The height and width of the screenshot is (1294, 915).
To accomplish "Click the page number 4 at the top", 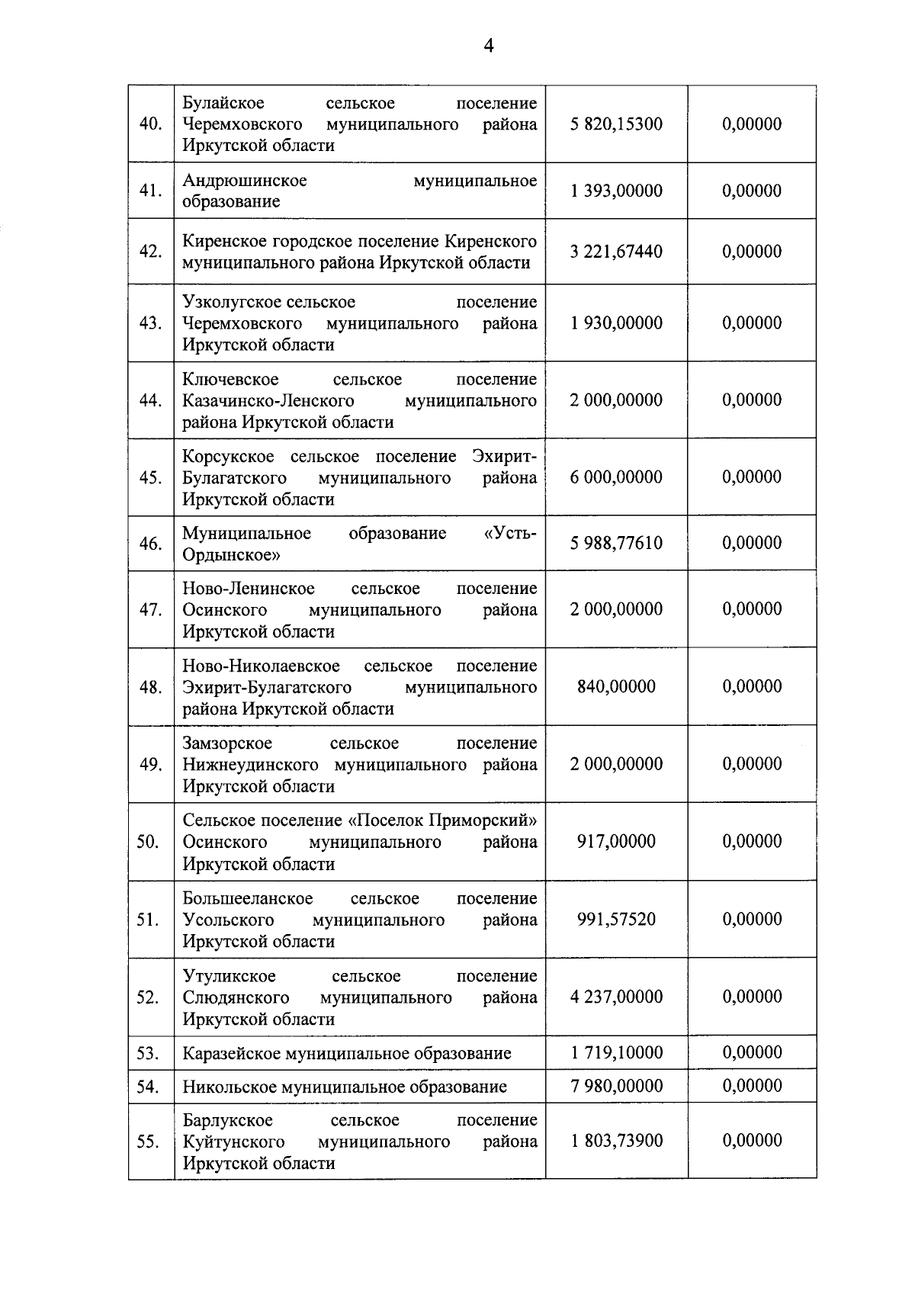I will (x=488, y=47).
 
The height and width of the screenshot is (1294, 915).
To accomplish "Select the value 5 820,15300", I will (x=616, y=124).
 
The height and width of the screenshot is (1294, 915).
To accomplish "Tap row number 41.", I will (x=150, y=191).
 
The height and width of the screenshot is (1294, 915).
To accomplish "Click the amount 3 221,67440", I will (x=616, y=252).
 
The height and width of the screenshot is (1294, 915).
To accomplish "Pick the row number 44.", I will (x=150, y=400).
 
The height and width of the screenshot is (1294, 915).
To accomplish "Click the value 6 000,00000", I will (x=616, y=477).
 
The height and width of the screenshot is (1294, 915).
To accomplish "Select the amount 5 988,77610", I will (x=616, y=544).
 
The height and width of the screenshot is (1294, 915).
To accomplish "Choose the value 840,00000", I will (x=616, y=687).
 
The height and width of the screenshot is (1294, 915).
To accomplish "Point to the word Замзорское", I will (x=226, y=743).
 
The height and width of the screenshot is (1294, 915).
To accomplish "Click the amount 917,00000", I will (x=616, y=842).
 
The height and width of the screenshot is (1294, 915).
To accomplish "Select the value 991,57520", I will (x=616, y=920).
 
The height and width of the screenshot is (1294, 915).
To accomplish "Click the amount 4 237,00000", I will (x=616, y=997).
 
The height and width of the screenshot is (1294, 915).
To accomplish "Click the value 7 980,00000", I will (x=616, y=1086).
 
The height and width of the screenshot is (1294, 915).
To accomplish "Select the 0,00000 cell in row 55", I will (x=752, y=1141).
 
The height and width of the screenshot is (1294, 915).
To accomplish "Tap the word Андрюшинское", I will (x=244, y=181).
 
